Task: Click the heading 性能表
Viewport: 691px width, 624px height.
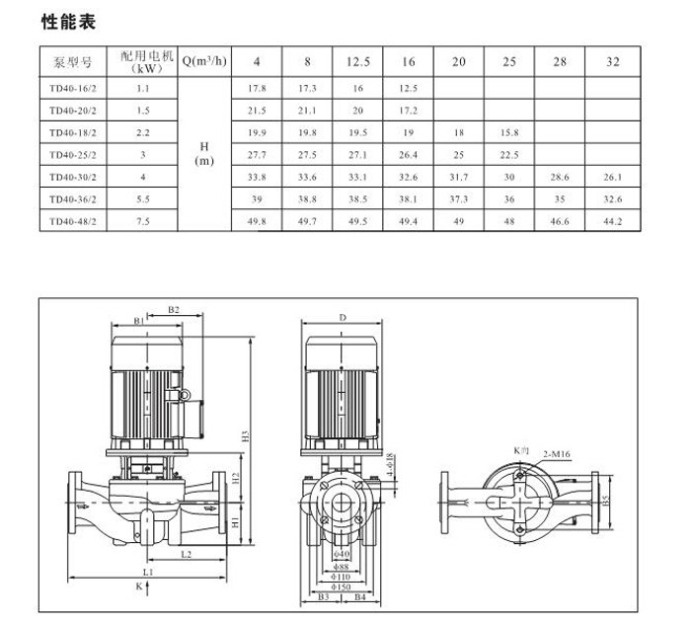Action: pos(68,22)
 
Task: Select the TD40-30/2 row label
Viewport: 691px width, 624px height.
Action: pos(73,177)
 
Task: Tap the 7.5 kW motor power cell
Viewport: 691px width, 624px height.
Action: pos(143,221)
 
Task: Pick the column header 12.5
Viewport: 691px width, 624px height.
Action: pos(357,61)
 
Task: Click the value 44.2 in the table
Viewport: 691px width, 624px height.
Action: pos(613,221)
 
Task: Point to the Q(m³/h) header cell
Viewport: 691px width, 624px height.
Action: pos(204,61)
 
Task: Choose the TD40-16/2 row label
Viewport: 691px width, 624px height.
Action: pos(73,88)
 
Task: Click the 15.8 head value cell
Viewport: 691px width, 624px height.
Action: pos(509,132)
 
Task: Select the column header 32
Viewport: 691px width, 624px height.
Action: pos(613,61)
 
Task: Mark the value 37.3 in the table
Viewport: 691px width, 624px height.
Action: pos(459,199)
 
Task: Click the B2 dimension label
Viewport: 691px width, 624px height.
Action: pos(174,310)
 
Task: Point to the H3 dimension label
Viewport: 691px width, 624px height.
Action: pos(246,436)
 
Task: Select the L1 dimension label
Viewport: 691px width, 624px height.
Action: pos(148,572)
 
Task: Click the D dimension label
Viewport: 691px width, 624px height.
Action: pos(343,318)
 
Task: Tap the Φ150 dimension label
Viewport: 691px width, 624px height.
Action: pos(341,586)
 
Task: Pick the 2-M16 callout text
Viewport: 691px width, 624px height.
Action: pos(557,454)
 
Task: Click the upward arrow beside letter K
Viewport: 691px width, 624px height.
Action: pos(148,587)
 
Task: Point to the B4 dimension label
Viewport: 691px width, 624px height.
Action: pos(360,597)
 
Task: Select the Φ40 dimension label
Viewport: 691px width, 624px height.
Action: pos(342,554)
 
